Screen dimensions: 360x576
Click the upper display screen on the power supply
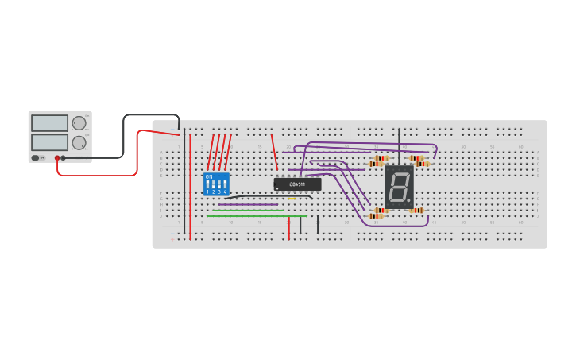[49, 123]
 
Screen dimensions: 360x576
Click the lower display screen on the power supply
[49, 142]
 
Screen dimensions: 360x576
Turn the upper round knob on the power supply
[79, 123]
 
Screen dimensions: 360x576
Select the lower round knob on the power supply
[79, 143]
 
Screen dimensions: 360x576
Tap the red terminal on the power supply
[57, 158]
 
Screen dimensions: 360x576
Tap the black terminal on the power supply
[64, 158]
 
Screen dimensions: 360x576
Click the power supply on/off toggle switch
[36, 158]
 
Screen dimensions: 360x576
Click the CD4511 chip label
[298, 184]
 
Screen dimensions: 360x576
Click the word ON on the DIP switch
[209, 176]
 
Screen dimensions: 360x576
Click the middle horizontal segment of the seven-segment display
[399, 187]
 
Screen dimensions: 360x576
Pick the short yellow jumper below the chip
[292, 199]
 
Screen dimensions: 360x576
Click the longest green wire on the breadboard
[257, 216]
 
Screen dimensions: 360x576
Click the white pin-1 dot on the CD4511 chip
[277, 189]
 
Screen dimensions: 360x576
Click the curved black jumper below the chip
[254, 196]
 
